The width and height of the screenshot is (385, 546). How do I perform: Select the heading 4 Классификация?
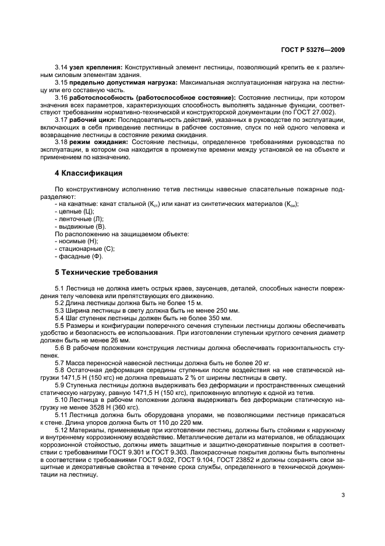pyautogui.click(x=88, y=173)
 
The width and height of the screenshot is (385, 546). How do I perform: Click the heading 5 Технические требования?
pyautogui.click(x=106, y=272)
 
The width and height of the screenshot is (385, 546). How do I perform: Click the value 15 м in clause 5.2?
pyautogui.click(x=195, y=304)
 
